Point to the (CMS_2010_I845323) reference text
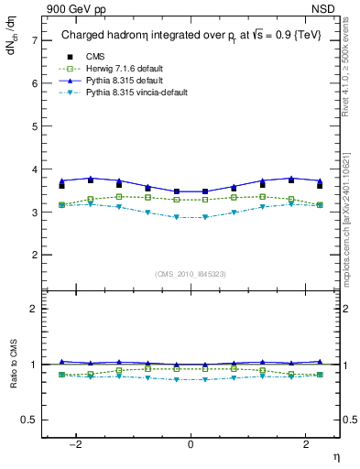tap(190, 274)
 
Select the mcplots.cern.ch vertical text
tap(351, 220)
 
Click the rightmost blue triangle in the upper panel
tap(319, 180)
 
